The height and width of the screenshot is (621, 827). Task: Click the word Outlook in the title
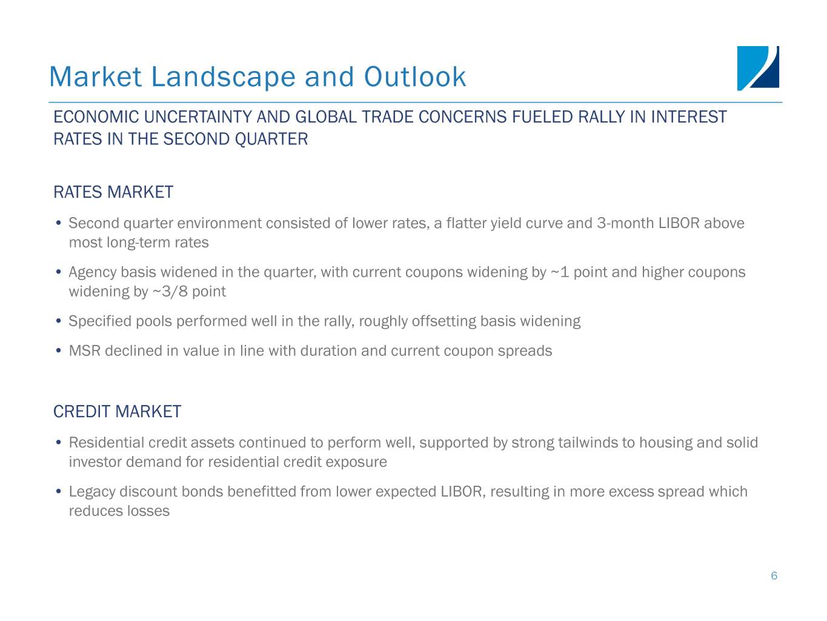click(415, 77)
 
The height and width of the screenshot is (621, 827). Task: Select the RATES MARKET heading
click(113, 192)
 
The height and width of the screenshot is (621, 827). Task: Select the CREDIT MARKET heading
click(117, 411)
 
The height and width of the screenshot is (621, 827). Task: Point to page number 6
click(774, 576)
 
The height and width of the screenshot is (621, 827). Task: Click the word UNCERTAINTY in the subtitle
click(198, 117)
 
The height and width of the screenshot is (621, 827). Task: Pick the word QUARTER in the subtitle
click(271, 139)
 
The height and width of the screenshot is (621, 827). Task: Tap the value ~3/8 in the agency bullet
click(170, 292)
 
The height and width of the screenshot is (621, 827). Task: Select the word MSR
click(85, 351)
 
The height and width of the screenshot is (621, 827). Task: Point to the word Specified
click(100, 321)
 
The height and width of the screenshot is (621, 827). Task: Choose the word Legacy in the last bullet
click(92, 492)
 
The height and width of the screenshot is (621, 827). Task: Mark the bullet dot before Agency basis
click(58, 272)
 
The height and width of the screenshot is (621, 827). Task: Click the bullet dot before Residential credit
click(58, 442)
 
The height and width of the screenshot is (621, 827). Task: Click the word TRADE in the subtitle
click(387, 117)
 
